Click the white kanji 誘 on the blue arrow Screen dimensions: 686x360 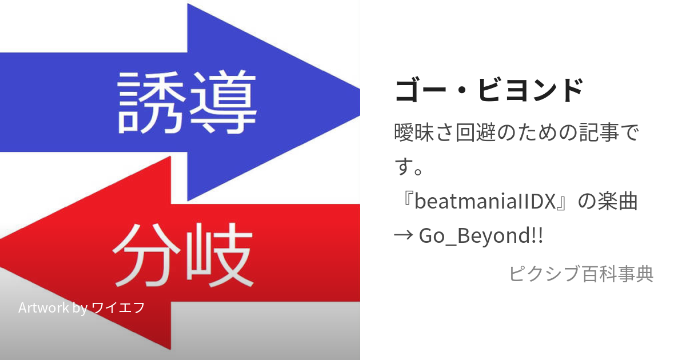point(151,103)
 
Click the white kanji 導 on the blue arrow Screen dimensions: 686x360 point(223,102)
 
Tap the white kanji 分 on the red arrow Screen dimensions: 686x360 point(147,255)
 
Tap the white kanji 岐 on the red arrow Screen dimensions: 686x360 point(220,255)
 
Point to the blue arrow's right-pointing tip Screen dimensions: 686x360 point(359,102)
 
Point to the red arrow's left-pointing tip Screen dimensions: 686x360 point(2,254)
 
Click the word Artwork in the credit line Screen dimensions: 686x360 point(43,307)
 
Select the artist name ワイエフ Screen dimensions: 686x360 point(118,307)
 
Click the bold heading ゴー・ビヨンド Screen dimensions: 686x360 point(489,90)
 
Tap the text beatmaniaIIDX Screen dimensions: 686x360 point(485,201)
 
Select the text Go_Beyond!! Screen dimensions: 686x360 point(481,235)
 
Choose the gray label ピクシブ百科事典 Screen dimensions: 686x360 point(581,273)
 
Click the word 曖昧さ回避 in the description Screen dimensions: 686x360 point(445,133)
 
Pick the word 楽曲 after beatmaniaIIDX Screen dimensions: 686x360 point(617,201)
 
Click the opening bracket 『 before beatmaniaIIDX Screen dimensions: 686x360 point(406,199)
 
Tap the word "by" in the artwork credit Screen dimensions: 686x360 point(80,308)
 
